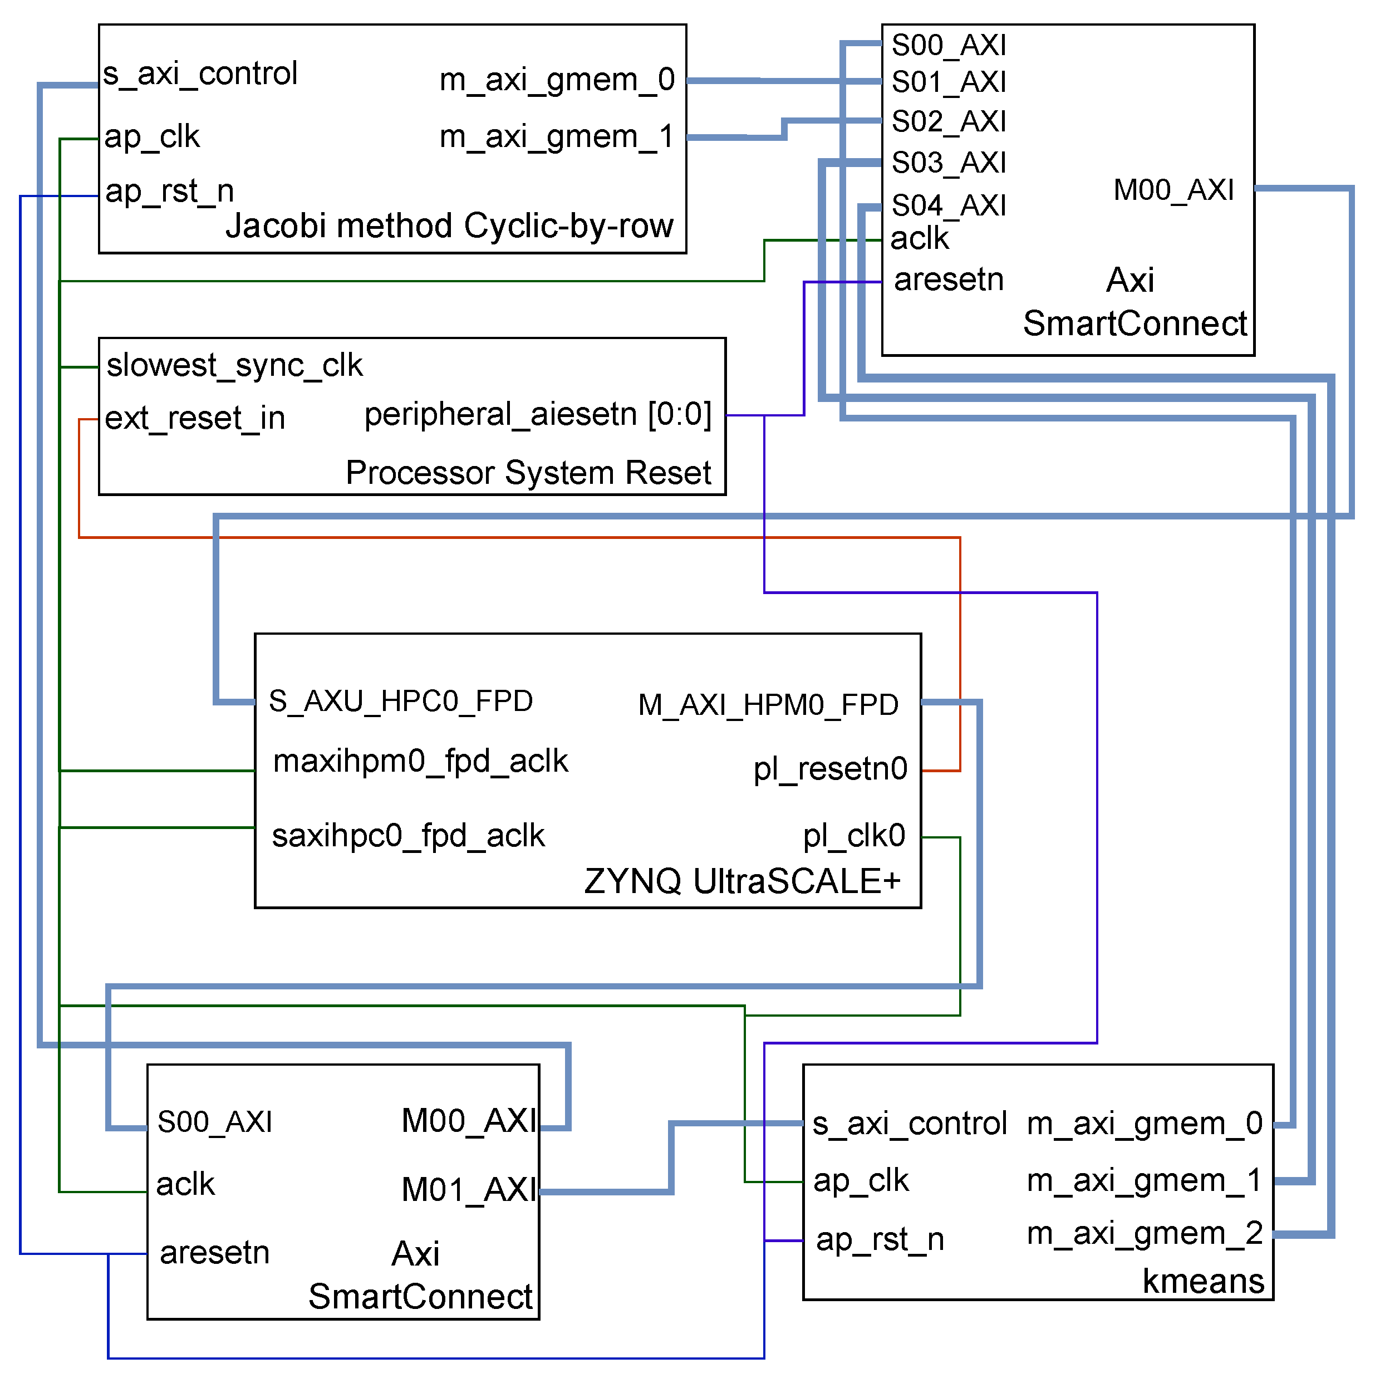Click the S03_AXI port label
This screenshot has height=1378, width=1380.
click(x=948, y=164)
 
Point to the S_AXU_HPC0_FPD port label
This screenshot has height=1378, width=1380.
click(x=401, y=702)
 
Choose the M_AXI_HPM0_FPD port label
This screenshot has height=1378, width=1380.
click(x=768, y=705)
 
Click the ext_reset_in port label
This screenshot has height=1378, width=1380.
click(x=195, y=419)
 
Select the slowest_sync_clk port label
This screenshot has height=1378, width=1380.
click(x=234, y=366)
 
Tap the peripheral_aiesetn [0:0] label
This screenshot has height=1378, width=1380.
click(x=537, y=415)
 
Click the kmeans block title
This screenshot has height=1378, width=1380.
click(x=1203, y=1282)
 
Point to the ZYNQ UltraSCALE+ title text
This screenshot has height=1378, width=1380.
click(x=742, y=881)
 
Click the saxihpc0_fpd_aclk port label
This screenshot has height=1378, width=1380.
click(x=408, y=836)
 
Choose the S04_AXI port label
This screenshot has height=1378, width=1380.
click(x=948, y=207)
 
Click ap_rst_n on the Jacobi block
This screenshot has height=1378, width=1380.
click(x=169, y=192)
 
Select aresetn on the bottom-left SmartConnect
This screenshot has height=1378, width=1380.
click(x=214, y=1253)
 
